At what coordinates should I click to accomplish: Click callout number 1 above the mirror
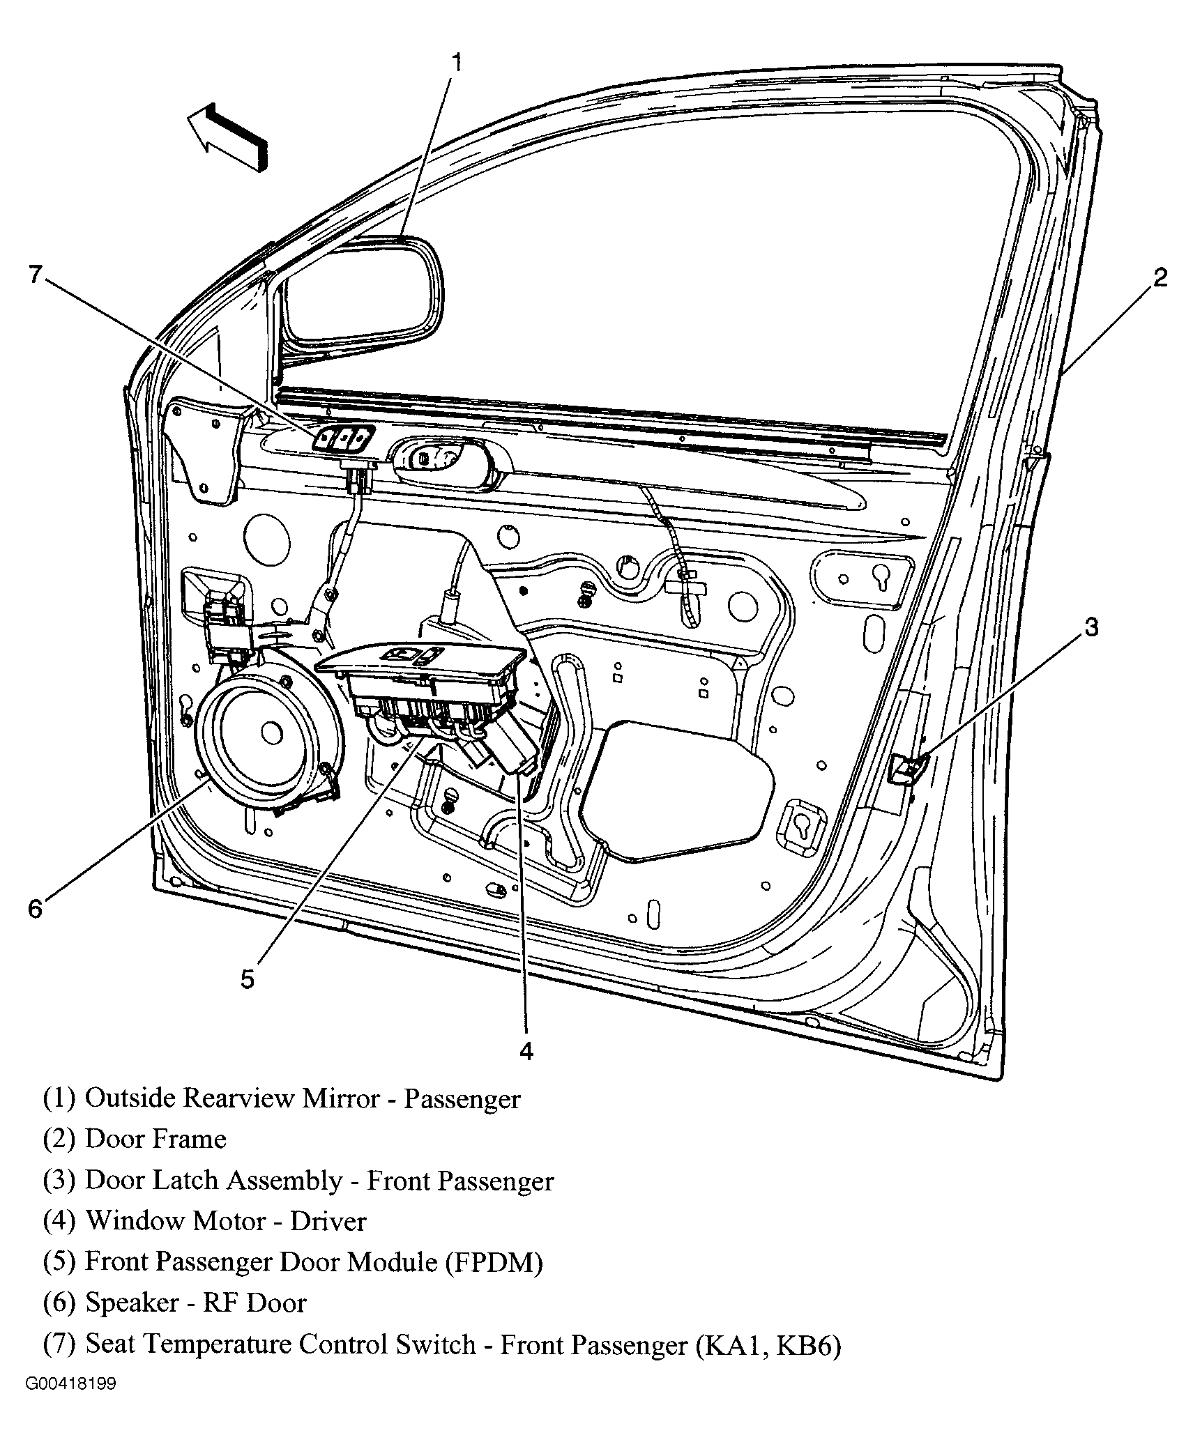(x=457, y=63)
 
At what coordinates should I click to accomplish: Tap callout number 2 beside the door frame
(x=1160, y=278)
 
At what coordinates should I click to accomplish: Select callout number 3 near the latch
(x=1091, y=627)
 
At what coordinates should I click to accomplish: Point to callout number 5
(x=248, y=979)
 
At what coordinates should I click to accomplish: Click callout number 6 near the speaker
(x=35, y=908)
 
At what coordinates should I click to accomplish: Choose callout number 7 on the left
(x=35, y=274)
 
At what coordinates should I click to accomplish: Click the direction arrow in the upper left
(x=227, y=137)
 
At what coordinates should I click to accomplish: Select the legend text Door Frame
(x=155, y=1140)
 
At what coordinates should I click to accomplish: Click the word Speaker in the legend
(x=132, y=1303)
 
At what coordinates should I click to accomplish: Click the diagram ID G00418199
(x=71, y=1383)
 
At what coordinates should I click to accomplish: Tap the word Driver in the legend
(x=328, y=1221)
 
